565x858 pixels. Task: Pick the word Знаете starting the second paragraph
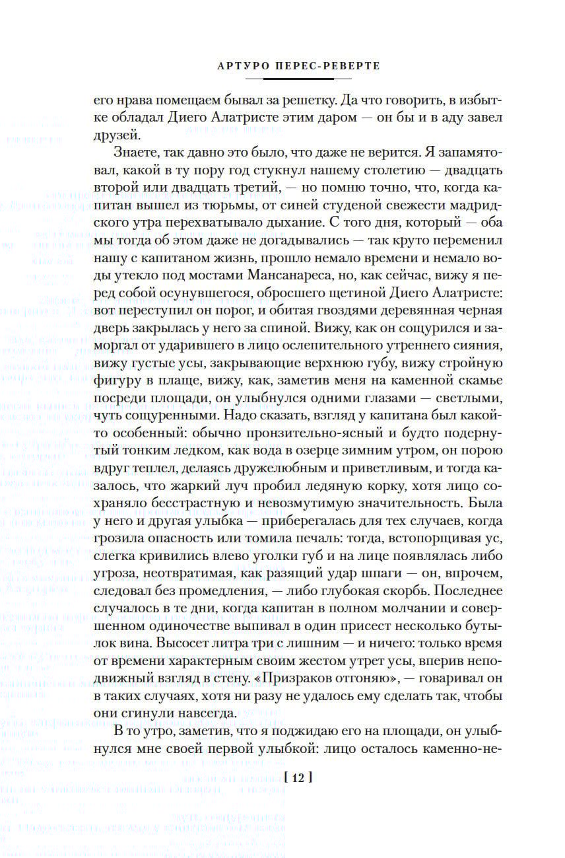135,153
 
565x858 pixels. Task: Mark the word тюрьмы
219,187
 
